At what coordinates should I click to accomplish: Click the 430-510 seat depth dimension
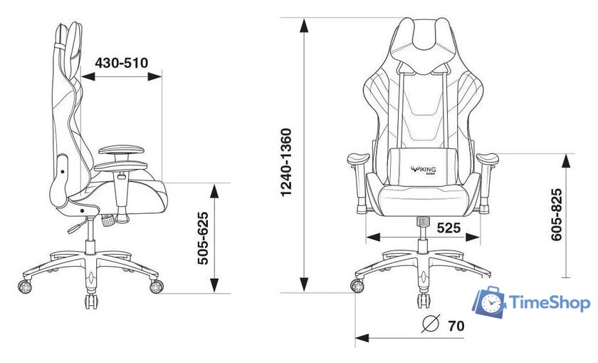tap(121, 63)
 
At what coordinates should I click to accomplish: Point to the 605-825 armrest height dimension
tap(557, 215)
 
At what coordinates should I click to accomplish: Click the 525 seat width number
tap(448, 228)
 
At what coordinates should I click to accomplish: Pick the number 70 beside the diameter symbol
tap(456, 326)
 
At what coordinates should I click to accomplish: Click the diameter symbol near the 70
tap(431, 324)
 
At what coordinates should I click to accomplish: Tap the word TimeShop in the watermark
tap(550, 303)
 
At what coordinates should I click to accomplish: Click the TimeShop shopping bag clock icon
tap(489, 302)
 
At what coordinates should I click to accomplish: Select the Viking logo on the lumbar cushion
tap(424, 169)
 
